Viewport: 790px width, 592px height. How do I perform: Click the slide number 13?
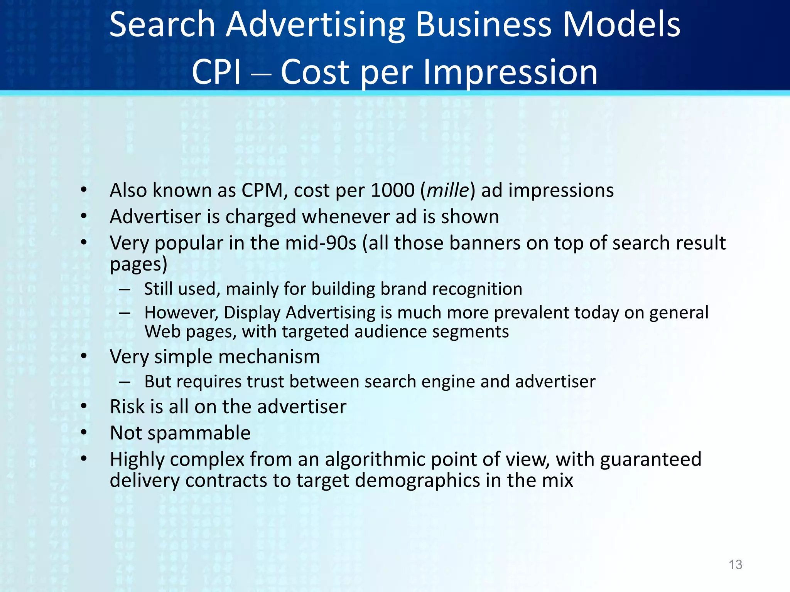735,565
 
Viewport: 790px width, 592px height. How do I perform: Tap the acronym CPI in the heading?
216,72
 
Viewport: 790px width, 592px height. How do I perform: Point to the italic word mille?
448,190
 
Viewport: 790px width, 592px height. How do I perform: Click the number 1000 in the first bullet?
392,190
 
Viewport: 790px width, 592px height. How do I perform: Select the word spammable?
199,433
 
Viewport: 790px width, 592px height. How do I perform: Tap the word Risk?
127,407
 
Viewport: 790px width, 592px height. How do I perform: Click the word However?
181,313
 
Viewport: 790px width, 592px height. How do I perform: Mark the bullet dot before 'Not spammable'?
84,432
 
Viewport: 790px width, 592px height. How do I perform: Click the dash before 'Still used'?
124,289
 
